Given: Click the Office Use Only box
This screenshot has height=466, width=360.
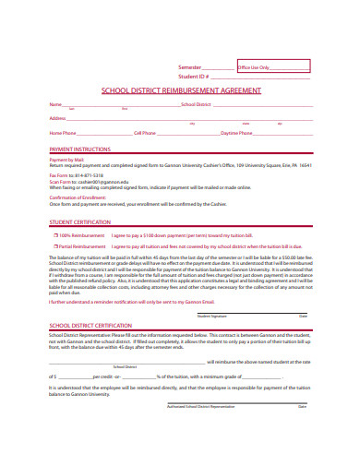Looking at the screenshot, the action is [x=273, y=66].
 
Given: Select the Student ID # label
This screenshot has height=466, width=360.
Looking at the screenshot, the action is [x=193, y=77].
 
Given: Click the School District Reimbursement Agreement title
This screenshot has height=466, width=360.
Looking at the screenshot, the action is [x=180, y=91].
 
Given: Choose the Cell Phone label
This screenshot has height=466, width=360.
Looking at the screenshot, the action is [x=144, y=133].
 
